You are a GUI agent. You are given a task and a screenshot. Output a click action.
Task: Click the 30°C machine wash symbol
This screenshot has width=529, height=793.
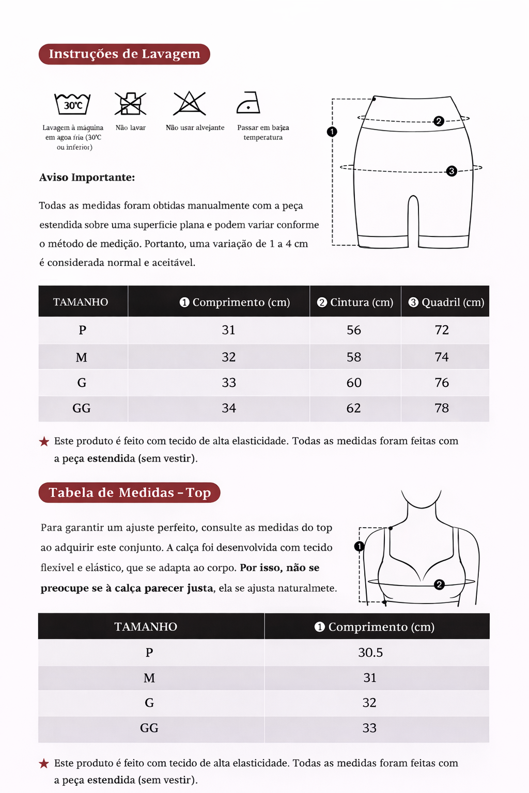73,104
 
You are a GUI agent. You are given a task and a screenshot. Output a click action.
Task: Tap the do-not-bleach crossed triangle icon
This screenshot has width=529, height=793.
190,103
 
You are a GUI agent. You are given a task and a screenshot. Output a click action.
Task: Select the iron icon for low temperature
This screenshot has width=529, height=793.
248,103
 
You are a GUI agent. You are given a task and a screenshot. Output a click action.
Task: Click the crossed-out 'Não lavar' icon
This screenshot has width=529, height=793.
130,104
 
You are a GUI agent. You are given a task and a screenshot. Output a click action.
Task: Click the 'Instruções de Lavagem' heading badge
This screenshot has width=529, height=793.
124,54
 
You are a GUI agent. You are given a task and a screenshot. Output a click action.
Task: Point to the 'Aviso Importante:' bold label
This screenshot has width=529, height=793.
87,178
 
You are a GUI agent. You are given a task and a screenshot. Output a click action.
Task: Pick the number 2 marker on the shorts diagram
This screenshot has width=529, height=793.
439,121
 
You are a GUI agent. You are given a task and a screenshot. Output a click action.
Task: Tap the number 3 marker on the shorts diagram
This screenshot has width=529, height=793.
452,171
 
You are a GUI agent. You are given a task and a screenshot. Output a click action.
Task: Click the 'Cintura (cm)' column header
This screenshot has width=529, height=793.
355,302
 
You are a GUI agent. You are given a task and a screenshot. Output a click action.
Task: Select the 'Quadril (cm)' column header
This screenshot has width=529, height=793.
446,302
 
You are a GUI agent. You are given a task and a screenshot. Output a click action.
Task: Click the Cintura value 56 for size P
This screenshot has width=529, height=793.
354,330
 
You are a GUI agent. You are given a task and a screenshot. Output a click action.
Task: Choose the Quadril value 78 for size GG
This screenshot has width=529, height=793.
442,408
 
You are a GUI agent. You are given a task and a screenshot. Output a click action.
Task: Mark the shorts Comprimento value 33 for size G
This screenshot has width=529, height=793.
229,383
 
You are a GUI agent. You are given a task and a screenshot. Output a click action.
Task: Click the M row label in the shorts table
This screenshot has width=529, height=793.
82,357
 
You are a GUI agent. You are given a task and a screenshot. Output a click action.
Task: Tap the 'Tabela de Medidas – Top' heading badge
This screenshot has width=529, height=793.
129,493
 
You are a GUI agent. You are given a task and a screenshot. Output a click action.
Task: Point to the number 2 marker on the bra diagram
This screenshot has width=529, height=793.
439,584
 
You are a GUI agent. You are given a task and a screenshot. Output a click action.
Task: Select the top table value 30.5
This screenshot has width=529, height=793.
370,653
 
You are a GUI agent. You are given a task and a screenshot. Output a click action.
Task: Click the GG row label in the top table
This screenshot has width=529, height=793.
149,728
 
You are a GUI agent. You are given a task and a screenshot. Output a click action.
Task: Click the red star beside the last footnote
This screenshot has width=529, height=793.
44,764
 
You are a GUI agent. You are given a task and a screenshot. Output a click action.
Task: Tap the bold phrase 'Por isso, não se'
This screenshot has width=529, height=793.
279,568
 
